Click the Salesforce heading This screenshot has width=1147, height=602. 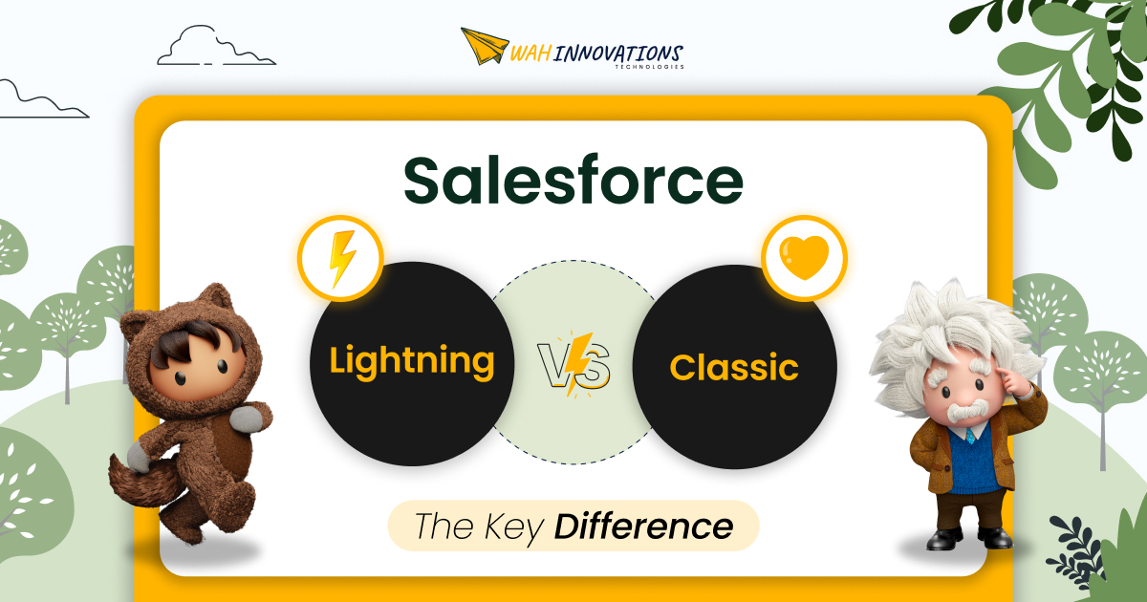pyautogui.click(x=573, y=181)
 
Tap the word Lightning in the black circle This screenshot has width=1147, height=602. pyautogui.click(x=412, y=361)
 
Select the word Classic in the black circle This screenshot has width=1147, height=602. pyautogui.click(x=734, y=367)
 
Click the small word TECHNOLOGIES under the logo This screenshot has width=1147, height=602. pyautogui.click(x=650, y=67)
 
